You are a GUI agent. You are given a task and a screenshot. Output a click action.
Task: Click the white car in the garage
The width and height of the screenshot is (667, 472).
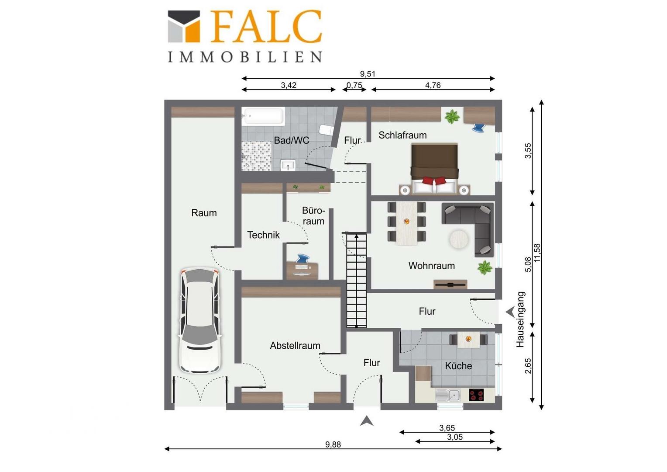click(200, 320)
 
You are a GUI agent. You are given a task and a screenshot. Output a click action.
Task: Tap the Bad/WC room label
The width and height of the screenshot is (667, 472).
click(292, 140)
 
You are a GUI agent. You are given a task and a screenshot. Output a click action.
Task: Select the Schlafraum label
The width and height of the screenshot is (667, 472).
click(402, 135)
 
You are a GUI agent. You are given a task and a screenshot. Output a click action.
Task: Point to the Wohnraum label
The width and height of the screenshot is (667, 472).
click(431, 266)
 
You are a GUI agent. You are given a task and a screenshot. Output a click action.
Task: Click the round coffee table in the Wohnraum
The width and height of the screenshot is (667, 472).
click(458, 239)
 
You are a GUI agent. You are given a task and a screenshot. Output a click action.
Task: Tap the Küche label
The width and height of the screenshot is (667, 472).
click(458, 365)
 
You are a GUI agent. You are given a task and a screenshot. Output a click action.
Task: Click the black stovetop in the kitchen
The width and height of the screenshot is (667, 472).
click(476, 395)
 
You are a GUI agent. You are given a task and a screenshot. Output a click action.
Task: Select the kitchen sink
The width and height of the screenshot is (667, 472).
click(448, 396)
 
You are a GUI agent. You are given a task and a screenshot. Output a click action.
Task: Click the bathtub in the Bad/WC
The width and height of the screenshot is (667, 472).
click(263, 116)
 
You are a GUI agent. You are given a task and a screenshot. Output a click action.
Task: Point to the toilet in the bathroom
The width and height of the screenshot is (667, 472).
click(326, 130)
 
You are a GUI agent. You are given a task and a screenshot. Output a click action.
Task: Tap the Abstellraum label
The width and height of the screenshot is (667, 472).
click(295, 346)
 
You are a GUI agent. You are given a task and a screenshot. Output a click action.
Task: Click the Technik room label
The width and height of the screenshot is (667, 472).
click(263, 235)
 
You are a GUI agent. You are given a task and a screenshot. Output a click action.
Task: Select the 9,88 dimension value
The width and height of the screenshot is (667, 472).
click(333, 444)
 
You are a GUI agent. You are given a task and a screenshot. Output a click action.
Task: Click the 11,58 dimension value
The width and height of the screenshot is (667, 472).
click(537, 253)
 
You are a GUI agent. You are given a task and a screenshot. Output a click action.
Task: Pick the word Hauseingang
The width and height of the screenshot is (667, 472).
click(520, 319)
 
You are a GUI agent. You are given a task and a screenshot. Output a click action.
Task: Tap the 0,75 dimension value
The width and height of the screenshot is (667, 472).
click(354, 85)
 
